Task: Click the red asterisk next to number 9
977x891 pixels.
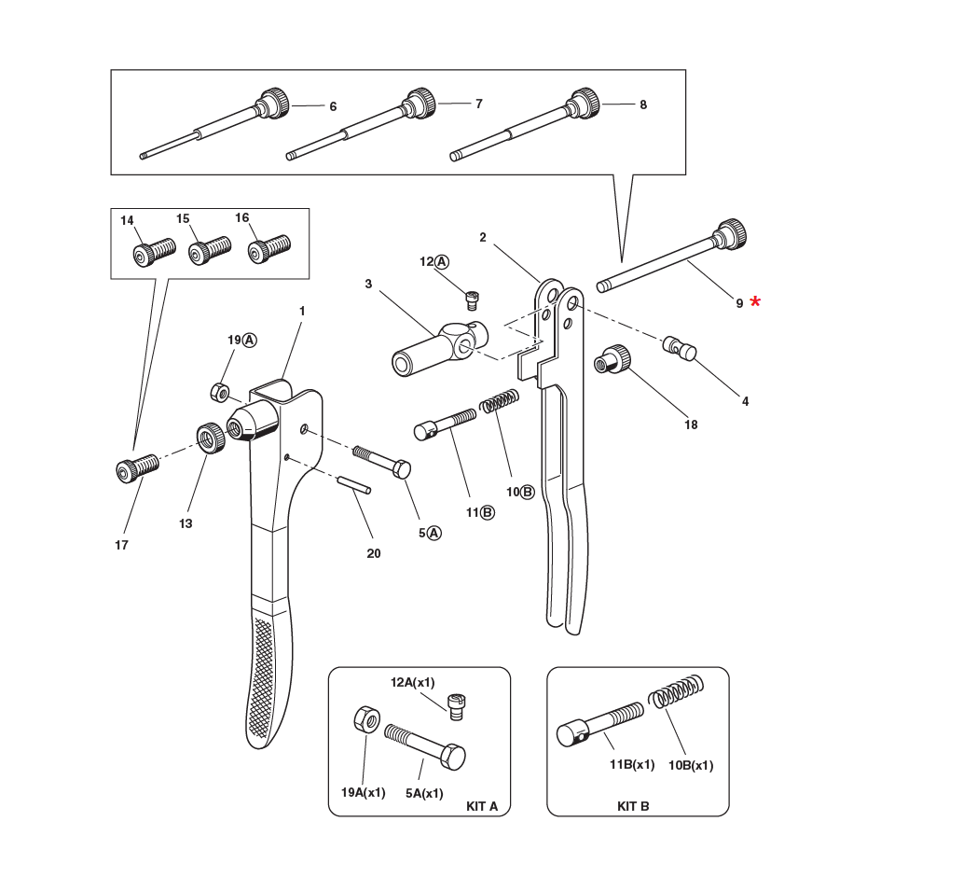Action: [755, 301]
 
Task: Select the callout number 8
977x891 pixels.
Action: [643, 105]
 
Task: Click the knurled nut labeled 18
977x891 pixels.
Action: [614, 357]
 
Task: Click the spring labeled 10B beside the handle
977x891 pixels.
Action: [499, 402]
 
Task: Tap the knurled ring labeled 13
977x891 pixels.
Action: [212, 437]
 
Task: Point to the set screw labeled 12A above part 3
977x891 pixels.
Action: [475, 299]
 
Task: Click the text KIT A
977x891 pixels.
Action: [482, 806]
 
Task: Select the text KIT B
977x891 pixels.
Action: [633, 806]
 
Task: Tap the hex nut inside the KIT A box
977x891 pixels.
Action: [365, 720]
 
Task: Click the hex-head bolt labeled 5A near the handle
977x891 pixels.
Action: [382, 461]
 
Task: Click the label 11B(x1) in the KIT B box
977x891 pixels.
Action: [631, 765]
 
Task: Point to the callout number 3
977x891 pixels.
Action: [368, 284]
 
